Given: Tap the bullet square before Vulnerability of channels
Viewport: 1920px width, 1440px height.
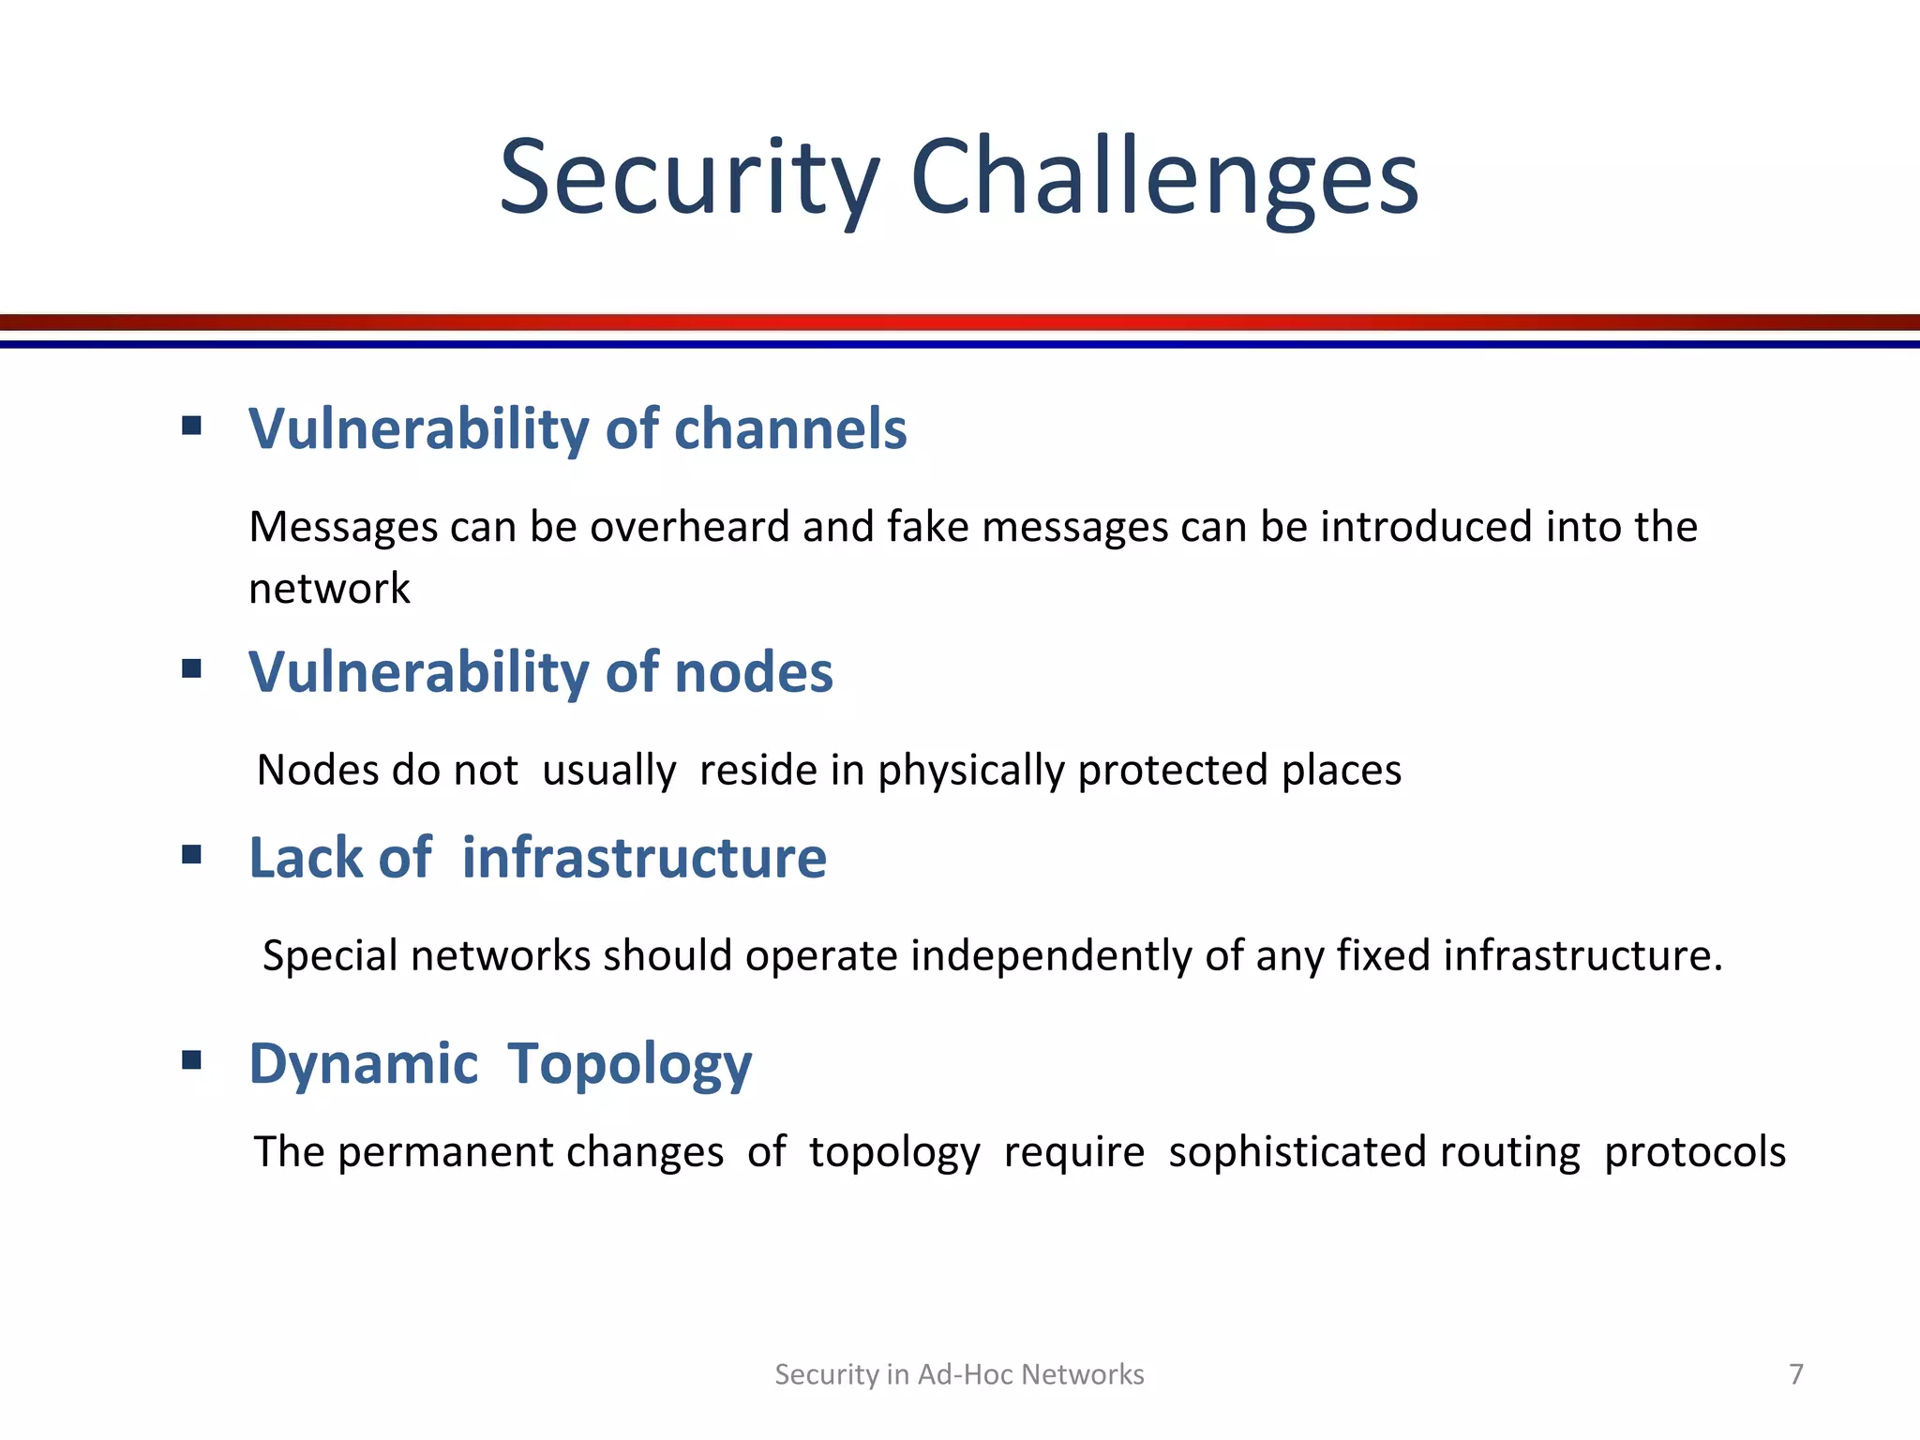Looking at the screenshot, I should [x=192, y=427].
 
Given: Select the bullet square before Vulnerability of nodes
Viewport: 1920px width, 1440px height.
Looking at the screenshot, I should [x=192, y=668].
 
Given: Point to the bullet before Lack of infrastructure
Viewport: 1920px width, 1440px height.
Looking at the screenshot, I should [x=192, y=854].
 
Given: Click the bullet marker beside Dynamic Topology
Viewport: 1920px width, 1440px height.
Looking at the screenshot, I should [x=192, y=1060].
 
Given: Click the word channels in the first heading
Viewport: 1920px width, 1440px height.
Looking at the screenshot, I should [x=790, y=429].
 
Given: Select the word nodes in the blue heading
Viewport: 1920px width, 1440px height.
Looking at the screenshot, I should [x=753, y=672].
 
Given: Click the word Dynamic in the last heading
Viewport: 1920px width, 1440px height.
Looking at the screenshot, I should [x=364, y=1064].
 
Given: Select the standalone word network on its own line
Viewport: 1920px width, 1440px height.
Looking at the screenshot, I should [x=329, y=589].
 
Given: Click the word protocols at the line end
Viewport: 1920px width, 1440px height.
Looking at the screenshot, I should [x=1694, y=1152].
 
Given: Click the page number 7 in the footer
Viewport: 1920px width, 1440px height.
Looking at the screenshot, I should [x=1795, y=1374].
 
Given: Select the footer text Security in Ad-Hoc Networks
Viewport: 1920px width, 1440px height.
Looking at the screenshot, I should [x=959, y=1374].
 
